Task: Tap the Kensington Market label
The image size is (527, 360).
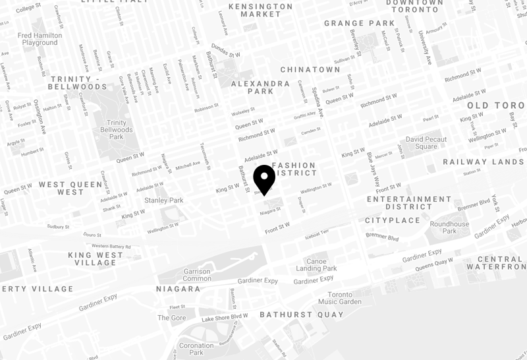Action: [x=260, y=10]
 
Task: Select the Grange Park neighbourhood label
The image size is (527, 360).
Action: [x=359, y=23]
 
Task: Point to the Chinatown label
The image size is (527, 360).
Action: [x=310, y=69]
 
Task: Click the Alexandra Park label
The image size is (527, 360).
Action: [x=252, y=87]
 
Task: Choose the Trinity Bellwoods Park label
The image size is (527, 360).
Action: [x=117, y=130]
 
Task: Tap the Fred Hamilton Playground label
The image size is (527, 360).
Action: [x=40, y=39]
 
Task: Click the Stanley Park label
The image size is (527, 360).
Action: [x=163, y=200]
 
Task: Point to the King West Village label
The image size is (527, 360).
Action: [x=96, y=258]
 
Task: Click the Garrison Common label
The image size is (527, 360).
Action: [x=197, y=275]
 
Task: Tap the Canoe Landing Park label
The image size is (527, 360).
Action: [x=316, y=264]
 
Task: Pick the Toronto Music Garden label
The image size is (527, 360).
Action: [x=340, y=297]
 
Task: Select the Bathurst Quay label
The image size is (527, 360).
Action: [x=301, y=315]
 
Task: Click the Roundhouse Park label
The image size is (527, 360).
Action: [x=449, y=227]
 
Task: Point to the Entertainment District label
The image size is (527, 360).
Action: [x=408, y=202]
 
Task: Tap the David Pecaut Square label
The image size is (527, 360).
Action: [x=426, y=143]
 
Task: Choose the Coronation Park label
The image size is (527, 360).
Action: [x=196, y=349]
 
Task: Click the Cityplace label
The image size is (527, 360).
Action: [x=392, y=220]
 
